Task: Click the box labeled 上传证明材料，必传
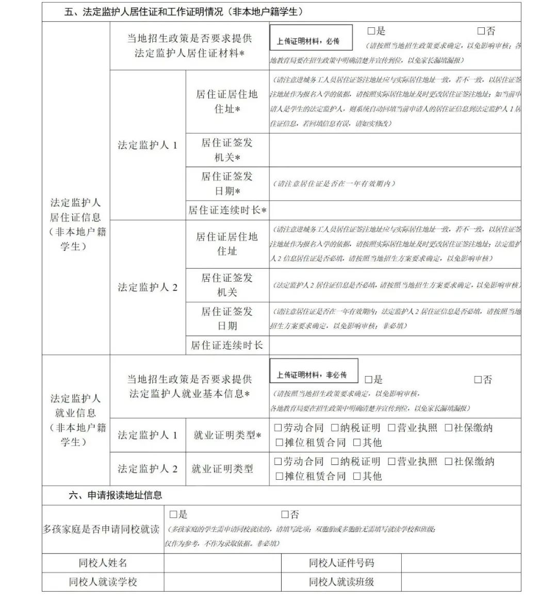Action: (x=311, y=38)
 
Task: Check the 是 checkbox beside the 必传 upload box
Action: (x=371, y=31)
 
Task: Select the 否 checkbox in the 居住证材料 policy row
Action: (x=481, y=31)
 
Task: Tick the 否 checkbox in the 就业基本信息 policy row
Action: (x=478, y=380)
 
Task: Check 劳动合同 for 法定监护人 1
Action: (x=278, y=428)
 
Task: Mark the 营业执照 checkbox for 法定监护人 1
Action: (x=392, y=428)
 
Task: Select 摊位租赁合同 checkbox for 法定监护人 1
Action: (x=280, y=442)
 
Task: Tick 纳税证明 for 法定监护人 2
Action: (x=335, y=461)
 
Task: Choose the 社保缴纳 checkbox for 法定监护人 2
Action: (x=449, y=461)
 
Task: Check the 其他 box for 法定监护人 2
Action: (x=357, y=476)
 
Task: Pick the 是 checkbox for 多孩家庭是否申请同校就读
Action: (x=173, y=514)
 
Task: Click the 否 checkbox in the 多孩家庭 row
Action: (x=285, y=514)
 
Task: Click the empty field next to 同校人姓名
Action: (x=222, y=563)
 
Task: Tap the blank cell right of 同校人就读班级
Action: (x=461, y=582)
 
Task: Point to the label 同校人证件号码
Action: (x=341, y=563)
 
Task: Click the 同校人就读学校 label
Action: (x=103, y=582)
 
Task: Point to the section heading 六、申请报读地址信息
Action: (x=116, y=495)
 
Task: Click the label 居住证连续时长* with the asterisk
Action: (x=227, y=211)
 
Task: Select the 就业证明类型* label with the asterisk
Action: (x=227, y=435)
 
